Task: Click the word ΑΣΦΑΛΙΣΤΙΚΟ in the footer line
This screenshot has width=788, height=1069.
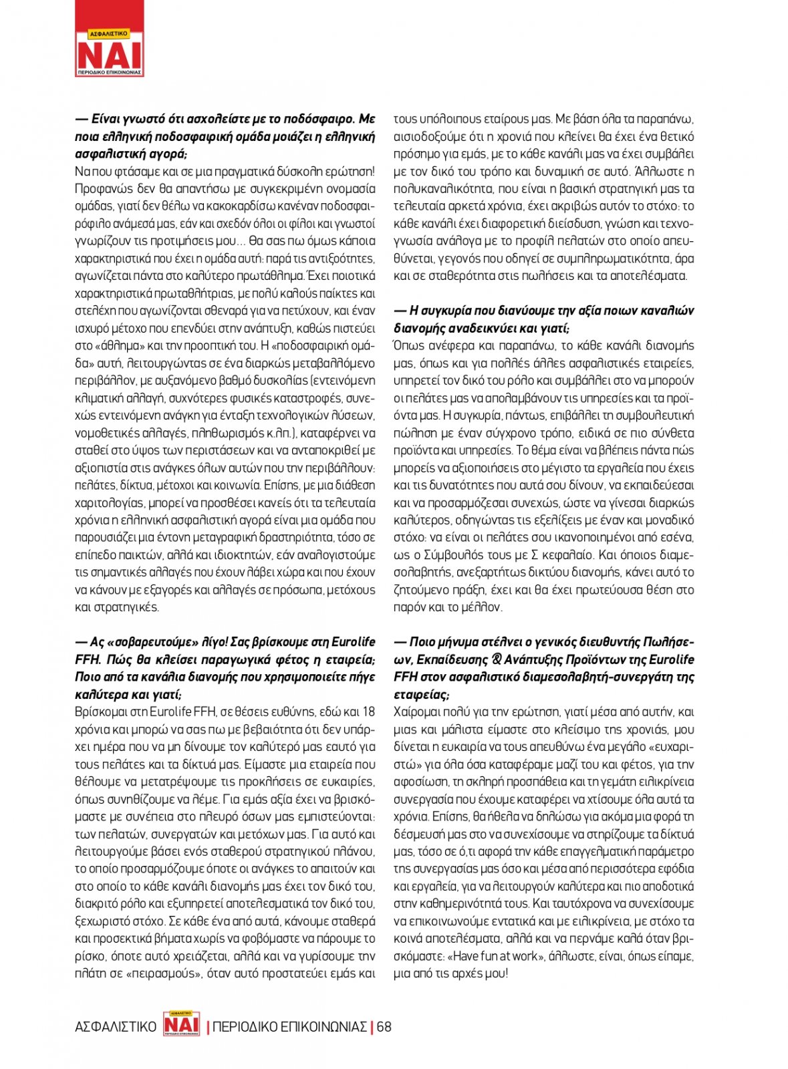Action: click(116, 1027)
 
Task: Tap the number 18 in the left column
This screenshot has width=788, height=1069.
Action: click(368, 712)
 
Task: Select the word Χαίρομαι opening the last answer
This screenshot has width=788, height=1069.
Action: click(418, 712)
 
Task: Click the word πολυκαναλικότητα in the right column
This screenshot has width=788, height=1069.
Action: click(440, 189)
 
